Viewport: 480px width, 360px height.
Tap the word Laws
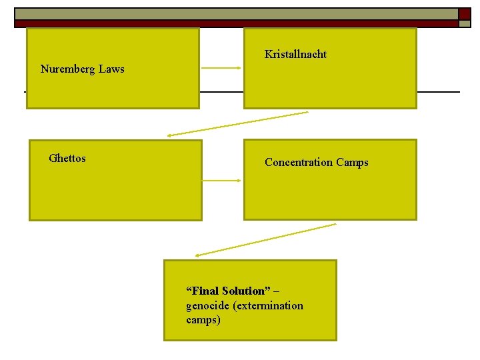click(111, 69)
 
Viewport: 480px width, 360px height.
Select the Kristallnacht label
click(295, 54)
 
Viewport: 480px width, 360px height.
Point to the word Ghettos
click(67, 158)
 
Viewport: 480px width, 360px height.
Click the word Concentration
click(299, 162)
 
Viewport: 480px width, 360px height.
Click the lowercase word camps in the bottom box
click(203, 319)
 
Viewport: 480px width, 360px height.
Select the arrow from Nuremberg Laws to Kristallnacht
click(221, 68)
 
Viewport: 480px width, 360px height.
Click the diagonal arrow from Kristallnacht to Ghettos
click(238, 123)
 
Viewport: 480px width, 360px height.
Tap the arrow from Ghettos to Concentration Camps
click(221, 180)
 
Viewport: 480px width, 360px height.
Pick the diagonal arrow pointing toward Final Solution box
click(265, 240)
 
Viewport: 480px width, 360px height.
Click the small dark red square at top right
click(465, 13)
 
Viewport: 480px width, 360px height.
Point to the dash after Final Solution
click(277, 291)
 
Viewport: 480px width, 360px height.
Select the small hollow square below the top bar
click(464, 23)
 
